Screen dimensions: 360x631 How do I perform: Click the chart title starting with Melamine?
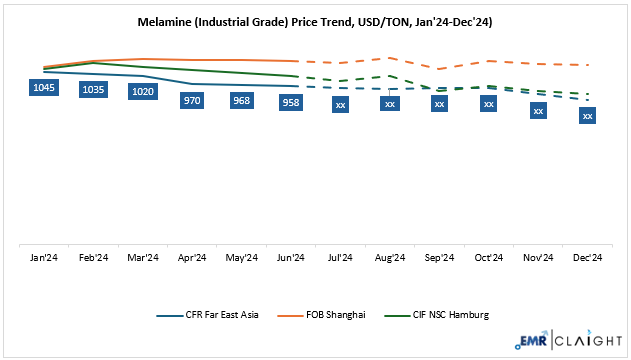(x=315, y=20)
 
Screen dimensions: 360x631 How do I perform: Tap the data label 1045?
(x=44, y=88)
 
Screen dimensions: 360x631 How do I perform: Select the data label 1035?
(x=93, y=89)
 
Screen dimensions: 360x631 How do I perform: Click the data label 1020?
(x=143, y=91)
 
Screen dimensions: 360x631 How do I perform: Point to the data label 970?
(x=192, y=100)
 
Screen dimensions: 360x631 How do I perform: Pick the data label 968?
(x=241, y=101)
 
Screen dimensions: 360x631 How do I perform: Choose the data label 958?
(x=291, y=102)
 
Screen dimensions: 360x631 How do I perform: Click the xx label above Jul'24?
(x=340, y=104)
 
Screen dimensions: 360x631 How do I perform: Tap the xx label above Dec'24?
(x=587, y=116)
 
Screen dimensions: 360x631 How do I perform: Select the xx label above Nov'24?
(x=538, y=110)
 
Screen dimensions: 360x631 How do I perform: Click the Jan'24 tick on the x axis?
(x=44, y=258)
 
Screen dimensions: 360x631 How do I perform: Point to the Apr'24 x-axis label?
(x=192, y=258)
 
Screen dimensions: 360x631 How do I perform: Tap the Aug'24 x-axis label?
(x=389, y=258)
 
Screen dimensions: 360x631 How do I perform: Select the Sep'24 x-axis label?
(x=439, y=258)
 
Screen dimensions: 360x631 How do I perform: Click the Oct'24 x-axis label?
(x=488, y=258)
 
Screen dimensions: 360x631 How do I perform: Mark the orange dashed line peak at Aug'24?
(x=389, y=58)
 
